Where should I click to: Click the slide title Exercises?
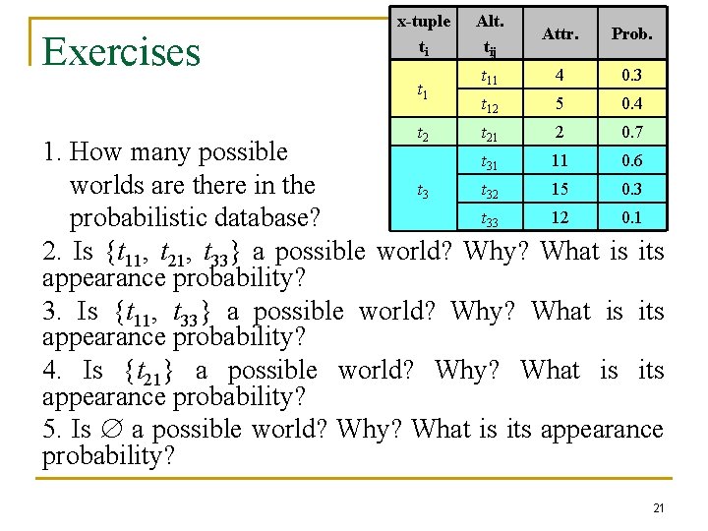(122, 51)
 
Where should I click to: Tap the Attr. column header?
(559, 33)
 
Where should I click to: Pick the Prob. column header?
(632, 33)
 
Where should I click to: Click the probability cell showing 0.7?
(632, 132)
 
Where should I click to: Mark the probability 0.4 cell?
(632, 103)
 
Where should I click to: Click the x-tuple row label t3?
(423, 190)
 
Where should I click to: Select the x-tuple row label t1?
(423, 89)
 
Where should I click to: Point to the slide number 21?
(658, 507)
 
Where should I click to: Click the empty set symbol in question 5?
(109, 430)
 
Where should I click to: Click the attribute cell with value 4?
(559, 75)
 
